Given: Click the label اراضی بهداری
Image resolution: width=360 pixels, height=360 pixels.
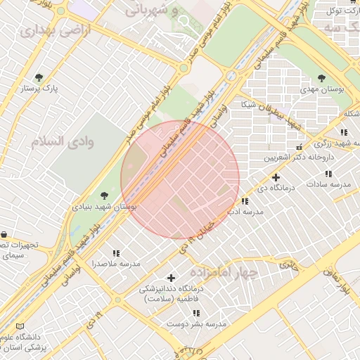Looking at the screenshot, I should pyautogui.click(x=46, y=32).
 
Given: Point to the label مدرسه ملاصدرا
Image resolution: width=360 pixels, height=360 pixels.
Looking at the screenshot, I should pyautogui.click(x=116, y=264).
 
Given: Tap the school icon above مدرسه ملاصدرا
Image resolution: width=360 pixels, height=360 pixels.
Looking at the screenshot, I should pyautogui.click(x=116, y=252).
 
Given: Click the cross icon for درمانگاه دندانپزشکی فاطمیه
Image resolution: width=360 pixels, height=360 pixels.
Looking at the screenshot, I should pyautogui.click(x=171, y=278).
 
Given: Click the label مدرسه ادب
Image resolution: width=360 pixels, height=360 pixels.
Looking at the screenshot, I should pyautogui.click(x=245, y=211).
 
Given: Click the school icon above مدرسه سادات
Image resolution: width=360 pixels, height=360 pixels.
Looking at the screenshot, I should pyautogui.click(x=328, y=174).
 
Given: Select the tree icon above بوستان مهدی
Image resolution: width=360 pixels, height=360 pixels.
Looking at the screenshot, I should pyautogui.click(x=321, y=78).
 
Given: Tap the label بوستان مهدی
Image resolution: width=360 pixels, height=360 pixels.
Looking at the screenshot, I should pyautogui.click(x=321, y=89).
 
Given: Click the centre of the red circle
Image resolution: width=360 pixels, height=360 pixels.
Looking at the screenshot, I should pyautogui.click(x=181, y=179).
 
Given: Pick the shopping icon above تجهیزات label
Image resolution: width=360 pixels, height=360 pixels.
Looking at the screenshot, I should pyautogui.click(x=4, y=234).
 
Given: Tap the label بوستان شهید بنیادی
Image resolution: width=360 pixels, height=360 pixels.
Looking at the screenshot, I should pyautogui.click(x=105, y=207).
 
